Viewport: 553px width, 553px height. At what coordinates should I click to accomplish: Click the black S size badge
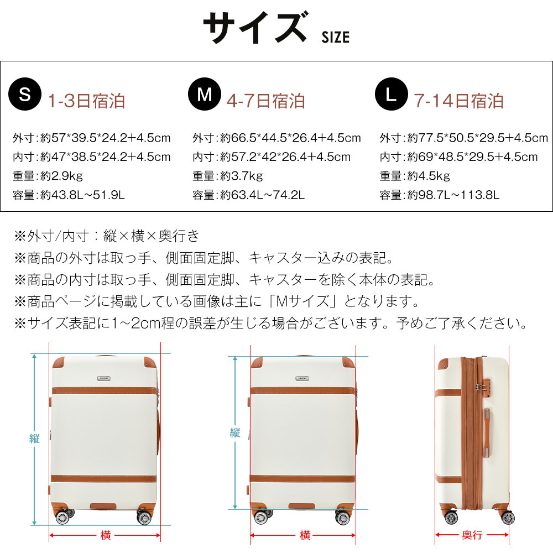[25, 94]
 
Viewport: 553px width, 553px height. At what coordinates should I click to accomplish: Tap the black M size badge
[205, 94]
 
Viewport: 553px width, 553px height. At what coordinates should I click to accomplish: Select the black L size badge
[392, 94]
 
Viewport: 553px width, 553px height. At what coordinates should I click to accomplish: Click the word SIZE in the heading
[336, 38]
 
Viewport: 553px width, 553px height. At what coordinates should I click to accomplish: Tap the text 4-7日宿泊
[266, 101]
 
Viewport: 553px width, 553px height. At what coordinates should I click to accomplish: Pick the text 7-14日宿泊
[459, 101]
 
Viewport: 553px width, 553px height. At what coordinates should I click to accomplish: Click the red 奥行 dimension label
[472, 535]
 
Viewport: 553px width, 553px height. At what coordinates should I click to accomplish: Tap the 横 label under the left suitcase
[106, 535]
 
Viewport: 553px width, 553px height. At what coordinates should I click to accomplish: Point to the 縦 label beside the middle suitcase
[235, 432]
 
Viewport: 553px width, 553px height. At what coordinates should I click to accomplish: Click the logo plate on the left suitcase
[104, 378]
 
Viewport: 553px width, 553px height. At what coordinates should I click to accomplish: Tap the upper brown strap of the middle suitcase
[302, 391]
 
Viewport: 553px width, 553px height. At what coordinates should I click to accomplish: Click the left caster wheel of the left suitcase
[63, 517]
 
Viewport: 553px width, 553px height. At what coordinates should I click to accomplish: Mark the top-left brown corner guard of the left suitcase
[58, 363]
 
